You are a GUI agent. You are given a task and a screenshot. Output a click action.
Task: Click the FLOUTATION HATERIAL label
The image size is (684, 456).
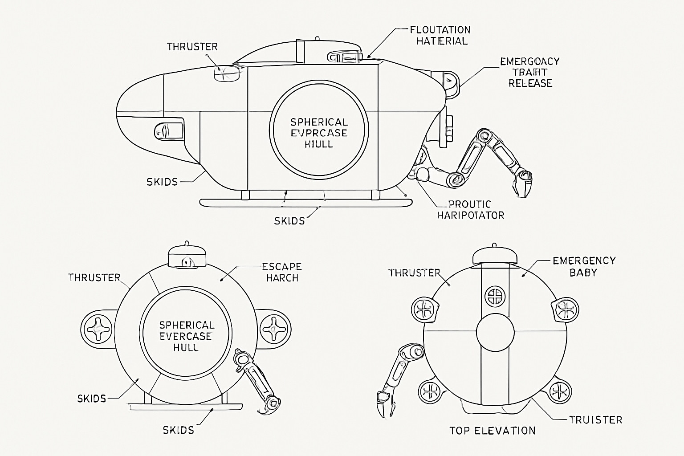point(440,36)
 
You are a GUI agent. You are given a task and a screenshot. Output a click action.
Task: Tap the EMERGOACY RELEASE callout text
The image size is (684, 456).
point(529,72)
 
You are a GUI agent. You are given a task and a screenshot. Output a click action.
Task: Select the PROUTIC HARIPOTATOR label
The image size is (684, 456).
point(470,210)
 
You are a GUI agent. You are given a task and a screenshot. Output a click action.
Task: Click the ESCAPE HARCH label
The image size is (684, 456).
point(282,272)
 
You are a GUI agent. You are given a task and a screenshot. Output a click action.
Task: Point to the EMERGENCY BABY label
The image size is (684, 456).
point(584,266)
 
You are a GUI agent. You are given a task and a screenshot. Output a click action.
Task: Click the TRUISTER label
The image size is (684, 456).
point(595,419)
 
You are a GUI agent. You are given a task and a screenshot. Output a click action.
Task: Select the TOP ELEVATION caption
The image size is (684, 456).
point(492,431)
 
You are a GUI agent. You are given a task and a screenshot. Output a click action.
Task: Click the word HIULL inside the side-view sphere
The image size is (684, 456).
point(319,144)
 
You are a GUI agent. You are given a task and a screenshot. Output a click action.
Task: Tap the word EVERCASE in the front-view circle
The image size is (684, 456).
point(186,336)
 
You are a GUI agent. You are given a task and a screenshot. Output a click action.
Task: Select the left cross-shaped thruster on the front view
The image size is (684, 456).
point(98,329)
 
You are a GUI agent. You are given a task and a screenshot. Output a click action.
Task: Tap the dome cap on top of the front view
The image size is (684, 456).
point(187,256)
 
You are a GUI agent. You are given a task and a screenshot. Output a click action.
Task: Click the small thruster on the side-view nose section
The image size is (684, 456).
point(169,131)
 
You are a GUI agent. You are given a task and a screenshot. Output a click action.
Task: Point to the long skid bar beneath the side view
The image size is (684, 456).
point(305,203)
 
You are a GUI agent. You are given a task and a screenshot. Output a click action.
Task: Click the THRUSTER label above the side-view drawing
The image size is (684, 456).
point(192,47)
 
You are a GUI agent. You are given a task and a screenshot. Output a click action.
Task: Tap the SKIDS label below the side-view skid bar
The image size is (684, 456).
point(289,220)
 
